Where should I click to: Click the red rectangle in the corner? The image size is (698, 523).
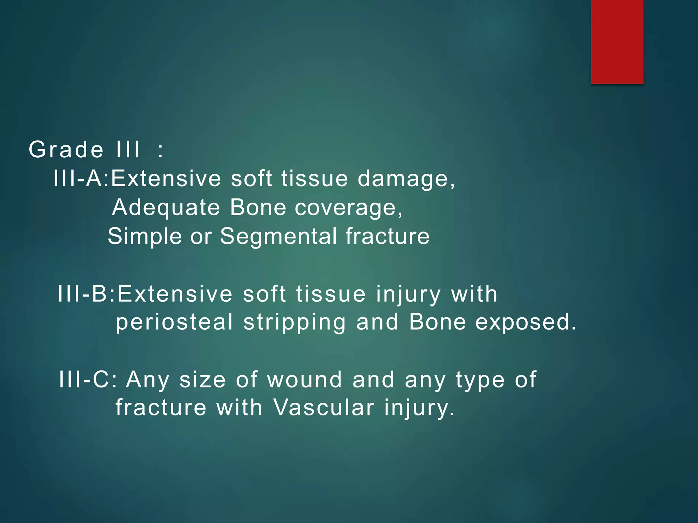tap(617, 42)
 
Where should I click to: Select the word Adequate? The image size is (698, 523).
tap(166, 207)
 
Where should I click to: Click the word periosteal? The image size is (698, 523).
tap(174, 322)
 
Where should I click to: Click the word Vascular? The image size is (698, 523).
tap(324, 407)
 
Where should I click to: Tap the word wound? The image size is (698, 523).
tap(304, 379)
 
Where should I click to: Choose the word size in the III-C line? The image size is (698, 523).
tap(202, 379)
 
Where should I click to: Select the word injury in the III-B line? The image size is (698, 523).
tap(408, 295)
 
